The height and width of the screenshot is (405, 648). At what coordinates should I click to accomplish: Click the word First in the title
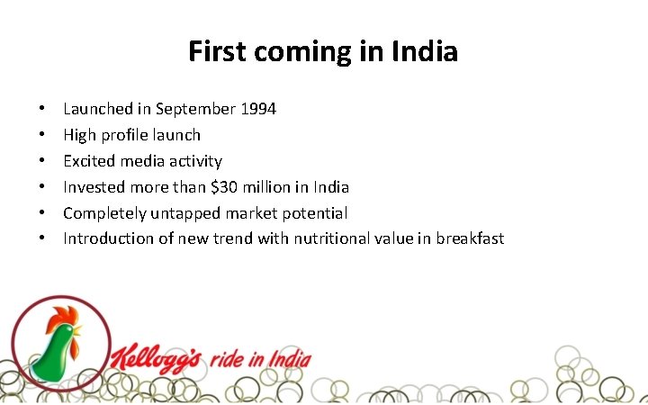point(217,51)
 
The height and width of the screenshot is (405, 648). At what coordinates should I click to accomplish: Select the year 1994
point(257,109)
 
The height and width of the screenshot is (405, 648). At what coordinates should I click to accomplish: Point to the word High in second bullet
point(79,135)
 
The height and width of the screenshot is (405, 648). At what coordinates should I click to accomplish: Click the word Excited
point(89,161)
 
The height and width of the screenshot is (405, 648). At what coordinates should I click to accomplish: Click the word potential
point(315,213)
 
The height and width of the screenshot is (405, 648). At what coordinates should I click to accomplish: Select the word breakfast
point(470,238)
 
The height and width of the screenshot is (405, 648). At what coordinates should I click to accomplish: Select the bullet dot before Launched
point(42,110)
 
